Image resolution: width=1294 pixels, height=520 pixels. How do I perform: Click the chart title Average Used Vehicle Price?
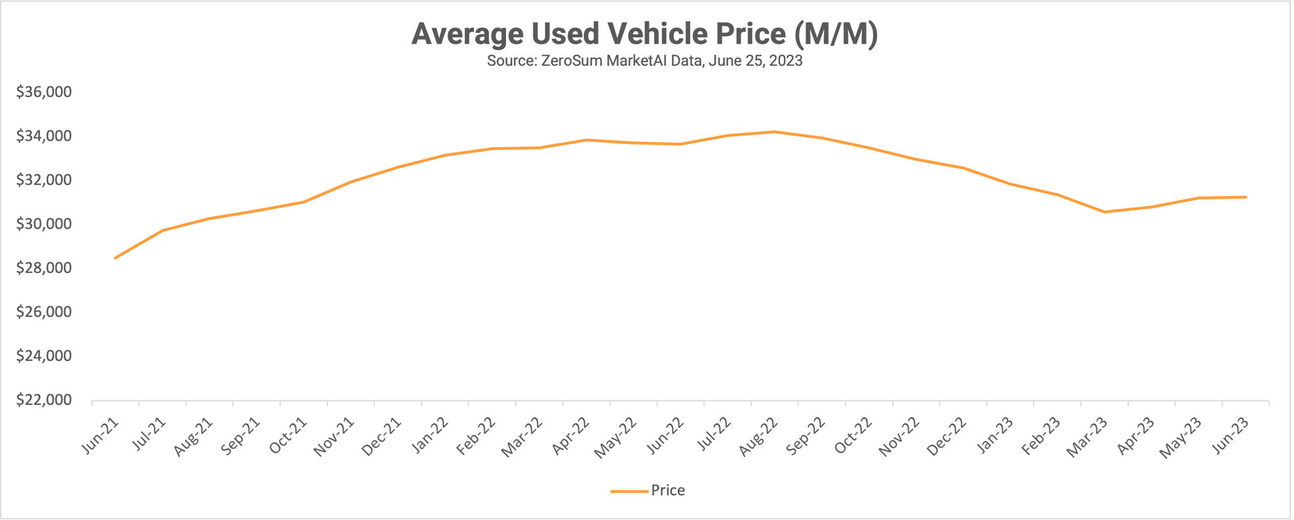(644, 34)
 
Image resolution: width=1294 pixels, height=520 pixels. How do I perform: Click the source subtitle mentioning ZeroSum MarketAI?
(644, 61)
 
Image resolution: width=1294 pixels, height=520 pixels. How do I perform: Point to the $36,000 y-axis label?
(44, 92)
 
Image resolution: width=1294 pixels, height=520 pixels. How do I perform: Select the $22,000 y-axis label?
(44, 400)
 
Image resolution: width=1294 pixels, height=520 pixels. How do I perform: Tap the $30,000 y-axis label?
(44, 224)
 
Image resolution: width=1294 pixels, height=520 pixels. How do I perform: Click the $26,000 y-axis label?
(44, 312)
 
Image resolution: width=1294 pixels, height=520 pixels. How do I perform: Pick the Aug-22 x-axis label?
(759, 437)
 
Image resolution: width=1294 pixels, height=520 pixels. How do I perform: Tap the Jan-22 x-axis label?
(430, 436)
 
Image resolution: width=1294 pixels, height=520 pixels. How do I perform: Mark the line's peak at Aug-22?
(775, 132)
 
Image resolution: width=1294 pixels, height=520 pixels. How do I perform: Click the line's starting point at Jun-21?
(115, 258)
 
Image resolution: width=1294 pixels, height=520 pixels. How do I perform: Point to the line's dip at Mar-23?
(1104, 212)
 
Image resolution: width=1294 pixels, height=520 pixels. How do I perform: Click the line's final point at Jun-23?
(1246, 197)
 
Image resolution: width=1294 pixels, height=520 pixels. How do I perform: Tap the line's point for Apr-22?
(586, 140)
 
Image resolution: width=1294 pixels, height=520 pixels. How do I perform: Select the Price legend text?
(667, 491)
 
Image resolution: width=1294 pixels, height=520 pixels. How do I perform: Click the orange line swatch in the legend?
(629, 491)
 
